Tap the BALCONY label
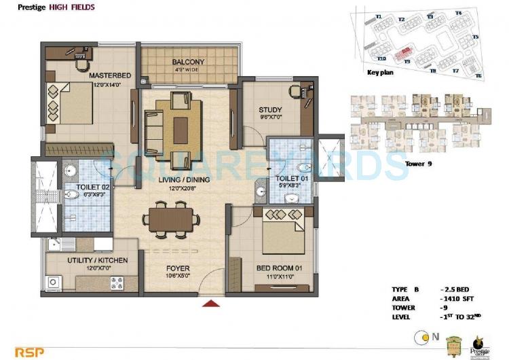click(188, 62)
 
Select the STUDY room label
click(270, 110)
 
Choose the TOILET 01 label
click(290, 178)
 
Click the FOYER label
click(178, 268)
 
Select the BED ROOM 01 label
click(279, 268)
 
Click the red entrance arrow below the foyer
click(212, 304)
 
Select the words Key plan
click(380, 72)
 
